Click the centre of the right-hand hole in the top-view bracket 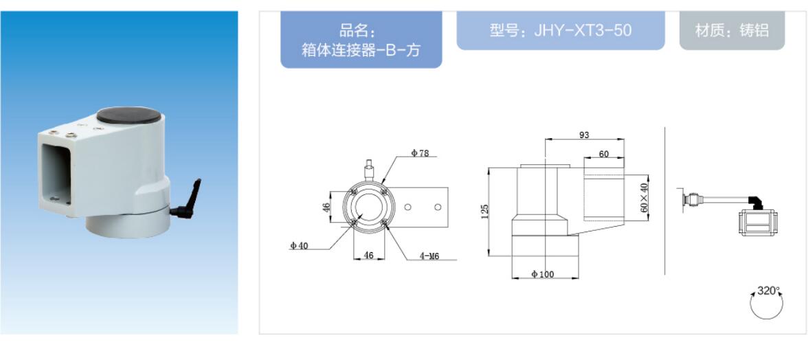(438, 207)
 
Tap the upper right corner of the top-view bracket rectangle (449, 188)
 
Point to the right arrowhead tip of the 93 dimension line (624, 139)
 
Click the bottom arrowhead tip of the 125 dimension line (488, 256)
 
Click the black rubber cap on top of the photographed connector (128, 114)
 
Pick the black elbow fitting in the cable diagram (756, 201)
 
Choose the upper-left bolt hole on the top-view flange (353, 192)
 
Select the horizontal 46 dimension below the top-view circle (369, 254)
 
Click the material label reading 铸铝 (754, 30)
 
